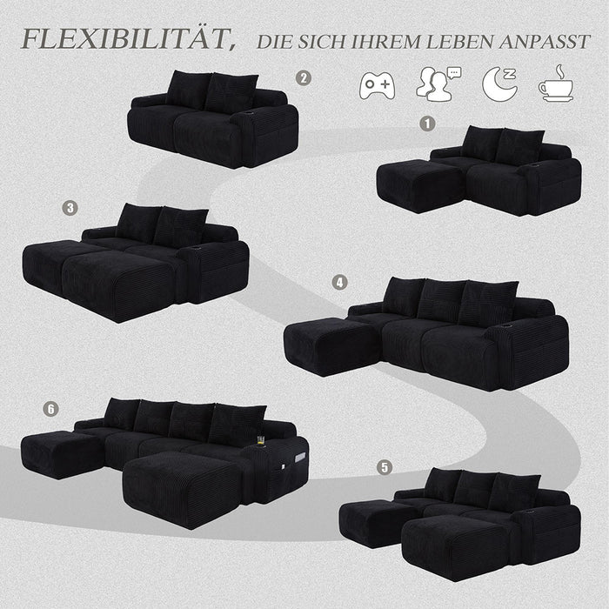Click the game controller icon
[377, 84]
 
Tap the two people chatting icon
[437, 83]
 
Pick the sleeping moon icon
[499, 83]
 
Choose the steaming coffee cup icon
[555, 83]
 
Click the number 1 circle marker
[426, 123]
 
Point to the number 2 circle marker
[303, 78]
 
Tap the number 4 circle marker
[339, 282]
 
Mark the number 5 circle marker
[385, 467]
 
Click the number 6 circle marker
[51, 408]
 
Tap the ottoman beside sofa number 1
[419, 184]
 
